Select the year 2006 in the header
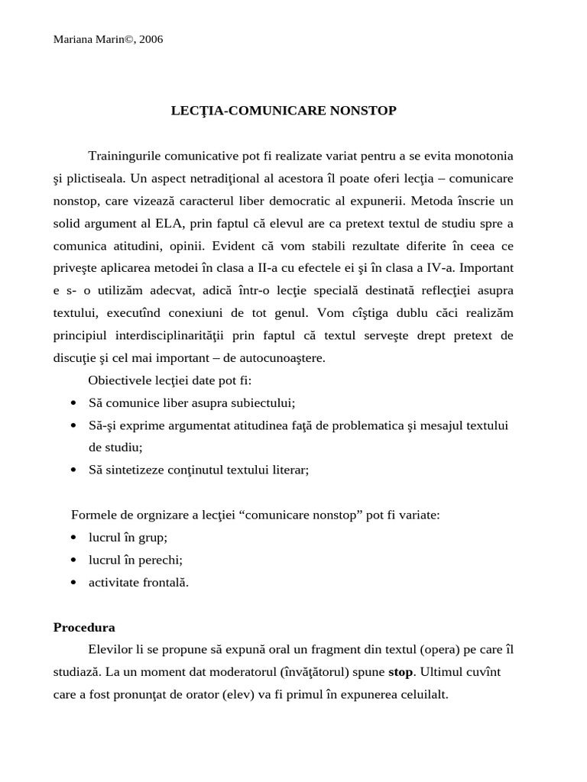point(150,40)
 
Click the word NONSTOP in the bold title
point(362,111)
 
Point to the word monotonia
point(485,156)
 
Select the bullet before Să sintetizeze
point(73,470)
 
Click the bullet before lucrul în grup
point(73,538)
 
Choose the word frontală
point(164,582)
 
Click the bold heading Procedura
point(84,628)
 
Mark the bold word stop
point(401,673)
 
